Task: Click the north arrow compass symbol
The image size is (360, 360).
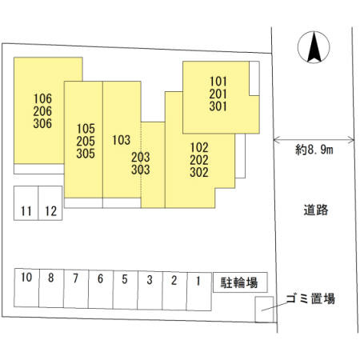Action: pos(314,47)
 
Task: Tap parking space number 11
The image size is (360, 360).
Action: pos(26,203)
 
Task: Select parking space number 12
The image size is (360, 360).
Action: pos(50,203)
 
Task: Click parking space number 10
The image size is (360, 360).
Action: pos(26,288)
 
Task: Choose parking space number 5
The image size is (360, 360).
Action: pos(125,290)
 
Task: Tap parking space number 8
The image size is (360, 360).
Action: pos(51,288)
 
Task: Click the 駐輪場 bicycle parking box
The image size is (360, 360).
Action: pos(240,282)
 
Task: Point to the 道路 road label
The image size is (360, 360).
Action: pos(316,210)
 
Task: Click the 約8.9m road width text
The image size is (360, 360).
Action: pos(314,150)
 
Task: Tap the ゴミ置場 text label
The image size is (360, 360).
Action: pos(310,298)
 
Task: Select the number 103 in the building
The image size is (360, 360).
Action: pos(122,140)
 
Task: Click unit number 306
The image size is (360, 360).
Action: pos(42,123)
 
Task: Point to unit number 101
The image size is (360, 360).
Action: pos(218,82)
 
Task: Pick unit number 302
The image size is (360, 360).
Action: pos(199,172)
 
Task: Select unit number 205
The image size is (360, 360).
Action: pos(86,141)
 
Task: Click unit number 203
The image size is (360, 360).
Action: pos(141,158)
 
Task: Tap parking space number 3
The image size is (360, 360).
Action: pos(150,290)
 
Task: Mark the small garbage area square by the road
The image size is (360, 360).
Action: pos(264,310)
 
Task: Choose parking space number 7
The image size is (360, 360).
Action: pos(76,289)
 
